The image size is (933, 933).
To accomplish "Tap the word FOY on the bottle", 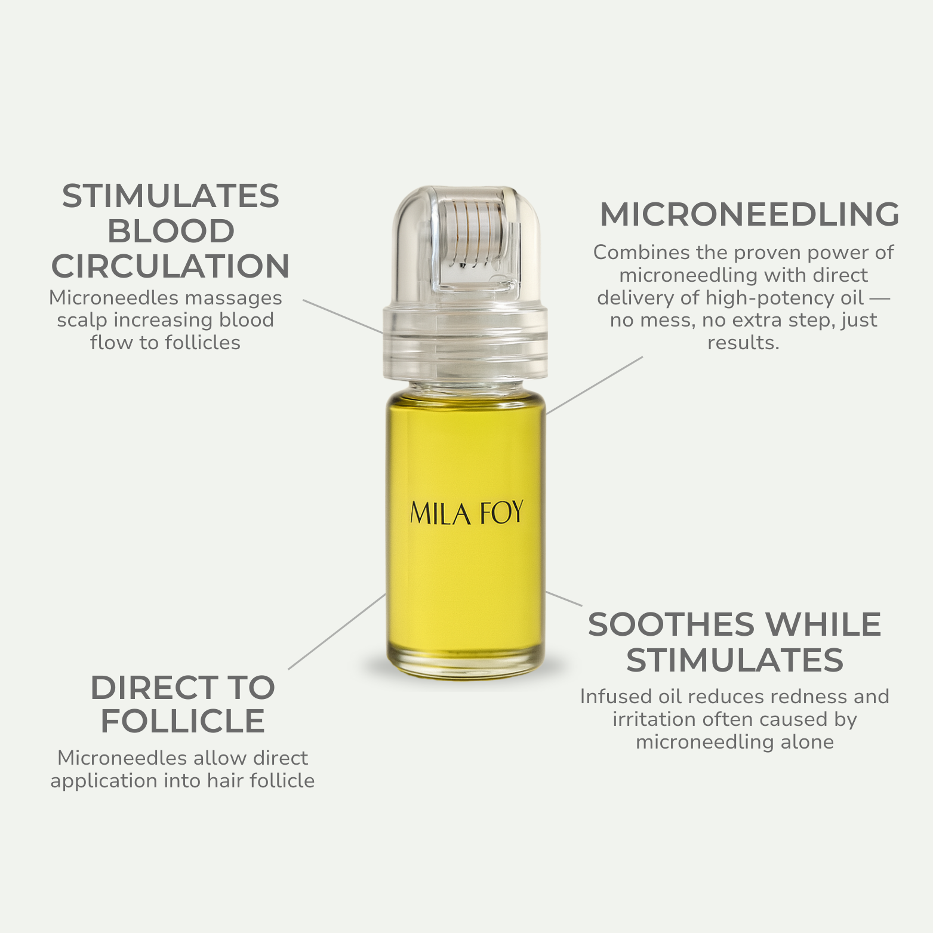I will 502,513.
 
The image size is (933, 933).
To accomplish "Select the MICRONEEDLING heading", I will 749,214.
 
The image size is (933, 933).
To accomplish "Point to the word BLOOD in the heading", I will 171,231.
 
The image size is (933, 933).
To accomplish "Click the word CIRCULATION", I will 171,266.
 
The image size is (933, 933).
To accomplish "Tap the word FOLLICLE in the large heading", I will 183,721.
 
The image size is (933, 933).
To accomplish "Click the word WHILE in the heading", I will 823,625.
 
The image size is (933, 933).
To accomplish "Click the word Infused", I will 616,697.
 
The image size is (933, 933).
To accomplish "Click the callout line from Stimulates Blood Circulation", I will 343,316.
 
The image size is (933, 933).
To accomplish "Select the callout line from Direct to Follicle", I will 337,632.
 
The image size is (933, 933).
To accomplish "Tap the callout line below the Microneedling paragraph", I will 595,385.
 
